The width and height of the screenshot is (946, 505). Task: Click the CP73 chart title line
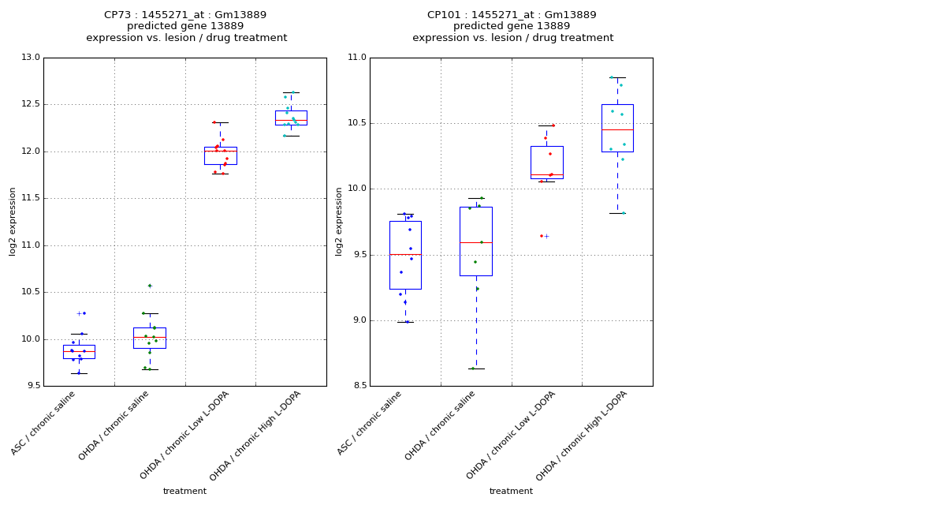185,15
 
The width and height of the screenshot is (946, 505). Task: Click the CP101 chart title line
512,15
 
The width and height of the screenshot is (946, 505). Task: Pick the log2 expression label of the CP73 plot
13,221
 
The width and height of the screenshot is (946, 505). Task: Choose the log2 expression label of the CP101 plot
339,221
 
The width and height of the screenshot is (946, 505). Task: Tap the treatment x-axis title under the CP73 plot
184,491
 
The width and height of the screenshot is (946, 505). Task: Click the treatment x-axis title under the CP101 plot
511,491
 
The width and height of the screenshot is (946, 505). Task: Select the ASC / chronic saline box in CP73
79,352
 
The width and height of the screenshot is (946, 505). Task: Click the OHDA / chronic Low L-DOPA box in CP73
220,155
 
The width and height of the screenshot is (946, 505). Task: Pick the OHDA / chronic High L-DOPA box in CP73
291,118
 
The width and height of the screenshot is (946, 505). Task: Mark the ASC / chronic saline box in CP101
405,255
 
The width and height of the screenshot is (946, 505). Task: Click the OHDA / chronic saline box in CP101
476,241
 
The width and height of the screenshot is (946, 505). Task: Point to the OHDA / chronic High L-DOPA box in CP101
617,128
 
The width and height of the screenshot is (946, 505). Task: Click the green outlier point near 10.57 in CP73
150,286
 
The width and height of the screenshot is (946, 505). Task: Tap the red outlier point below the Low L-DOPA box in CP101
542,236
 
